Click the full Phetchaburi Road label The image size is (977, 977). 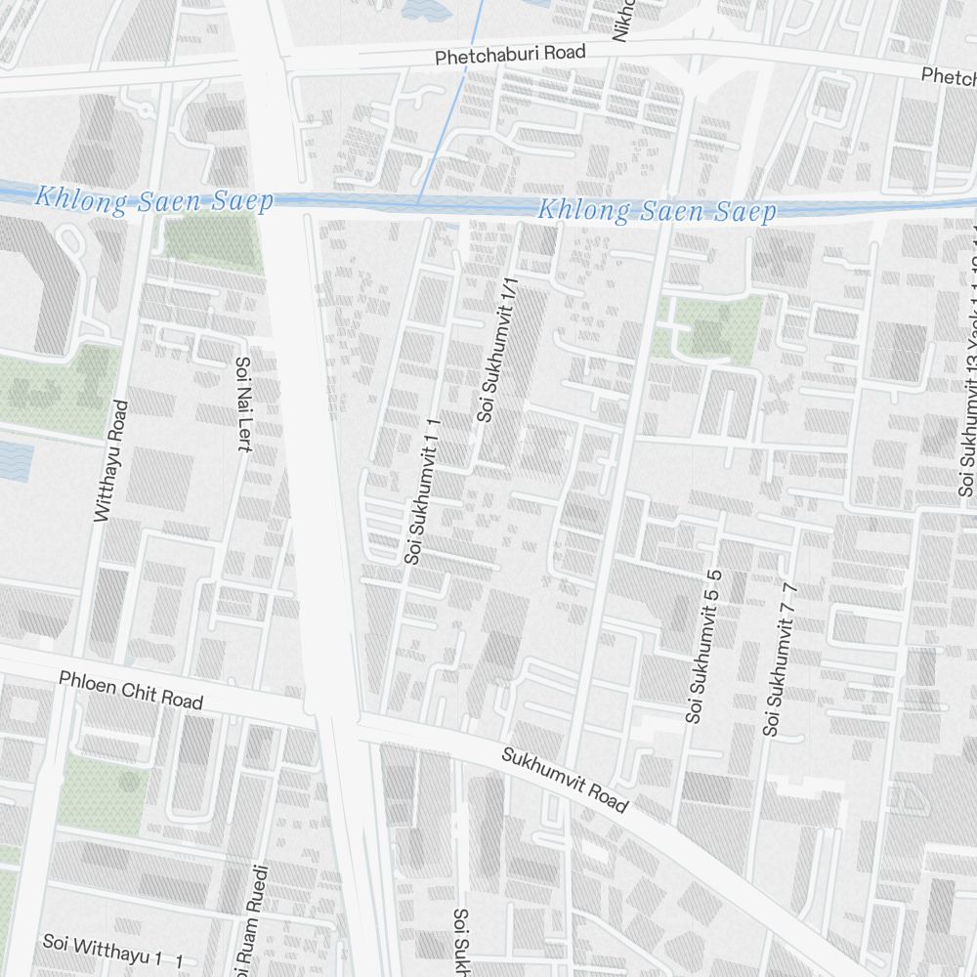[510, 55]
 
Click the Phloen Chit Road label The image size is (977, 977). [131, 690]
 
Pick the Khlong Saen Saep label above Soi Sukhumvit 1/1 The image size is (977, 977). [657, 211]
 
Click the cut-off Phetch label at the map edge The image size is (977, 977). [948, 75]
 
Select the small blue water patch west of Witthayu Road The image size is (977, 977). [14, 459]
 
